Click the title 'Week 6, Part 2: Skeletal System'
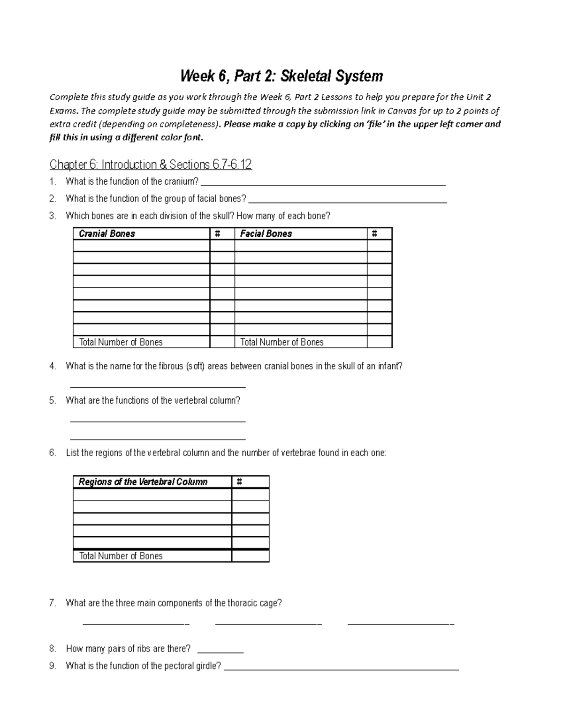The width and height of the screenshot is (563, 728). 282,76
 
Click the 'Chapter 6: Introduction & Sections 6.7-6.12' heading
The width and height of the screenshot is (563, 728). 151,165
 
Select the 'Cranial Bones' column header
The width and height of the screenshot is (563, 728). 107,233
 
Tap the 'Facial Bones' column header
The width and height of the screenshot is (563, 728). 266,233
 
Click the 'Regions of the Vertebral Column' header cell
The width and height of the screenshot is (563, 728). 143,482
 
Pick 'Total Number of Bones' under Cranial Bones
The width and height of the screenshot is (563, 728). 121,342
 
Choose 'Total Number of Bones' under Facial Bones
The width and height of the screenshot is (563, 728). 282,342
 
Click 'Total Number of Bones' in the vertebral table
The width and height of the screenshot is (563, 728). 121,556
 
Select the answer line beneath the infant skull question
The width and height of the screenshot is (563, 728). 158,385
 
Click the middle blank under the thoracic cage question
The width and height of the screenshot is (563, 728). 268,623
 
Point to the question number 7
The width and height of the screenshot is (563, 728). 53,603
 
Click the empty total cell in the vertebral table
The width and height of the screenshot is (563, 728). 251,556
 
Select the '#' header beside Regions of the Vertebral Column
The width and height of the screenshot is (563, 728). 240,482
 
